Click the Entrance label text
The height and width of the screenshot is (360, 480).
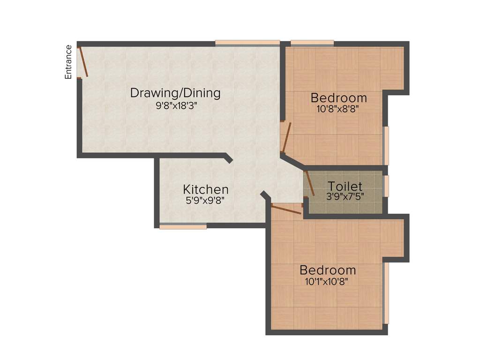pos(68,61)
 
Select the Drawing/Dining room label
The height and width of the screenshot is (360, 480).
pos(175,93)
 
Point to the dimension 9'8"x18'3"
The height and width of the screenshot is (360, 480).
pos(175,105)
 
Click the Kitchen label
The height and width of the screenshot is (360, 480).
pos(205,189)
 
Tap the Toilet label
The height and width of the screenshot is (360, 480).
pos(345,186)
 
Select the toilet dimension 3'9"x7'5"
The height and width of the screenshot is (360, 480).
pos(345,196)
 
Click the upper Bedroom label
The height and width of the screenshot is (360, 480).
pos(338,98)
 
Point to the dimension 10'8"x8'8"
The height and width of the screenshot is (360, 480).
pos(338,109)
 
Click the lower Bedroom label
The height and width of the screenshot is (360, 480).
pos(328,270)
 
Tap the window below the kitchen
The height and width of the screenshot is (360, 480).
pos(183,227)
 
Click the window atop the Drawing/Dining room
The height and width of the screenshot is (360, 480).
pos(247,43)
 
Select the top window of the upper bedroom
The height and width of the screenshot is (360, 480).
pos(312,43)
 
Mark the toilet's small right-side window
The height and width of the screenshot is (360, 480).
pos(387,186)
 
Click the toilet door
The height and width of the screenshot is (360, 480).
pos(309,183)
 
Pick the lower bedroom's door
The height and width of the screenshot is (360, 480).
pos(286,209)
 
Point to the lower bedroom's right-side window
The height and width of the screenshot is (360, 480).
pos(386,293)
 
